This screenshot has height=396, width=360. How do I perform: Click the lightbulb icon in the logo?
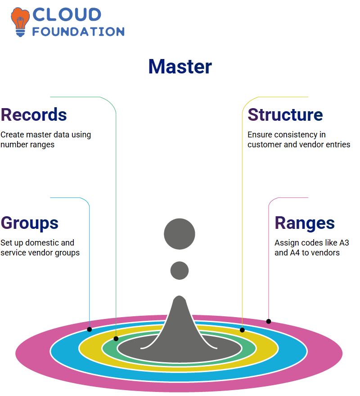pos(20,22)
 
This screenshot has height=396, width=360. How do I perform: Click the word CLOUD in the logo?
pos(67,15)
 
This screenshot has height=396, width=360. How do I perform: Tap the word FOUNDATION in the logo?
pos(78,32)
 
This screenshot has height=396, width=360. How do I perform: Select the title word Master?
pos(180,67)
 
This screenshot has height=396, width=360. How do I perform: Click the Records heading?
pos(34,115)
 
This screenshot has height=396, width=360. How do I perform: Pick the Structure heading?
pos(285,115)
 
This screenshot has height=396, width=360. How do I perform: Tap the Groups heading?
pos(30,223)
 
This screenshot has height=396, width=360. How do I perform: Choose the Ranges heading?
pos(305,223)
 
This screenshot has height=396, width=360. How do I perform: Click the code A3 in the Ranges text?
pos(344,243)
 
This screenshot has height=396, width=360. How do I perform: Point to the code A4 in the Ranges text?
pos(295,253)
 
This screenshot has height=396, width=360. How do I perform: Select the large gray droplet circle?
pos(180,234)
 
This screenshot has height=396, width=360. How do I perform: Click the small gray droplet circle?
pos(180,270)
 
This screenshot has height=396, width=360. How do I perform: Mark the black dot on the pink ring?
pos(269,322)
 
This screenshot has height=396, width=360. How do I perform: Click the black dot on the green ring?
pos(116,339)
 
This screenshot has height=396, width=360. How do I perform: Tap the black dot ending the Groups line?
pos(89,329)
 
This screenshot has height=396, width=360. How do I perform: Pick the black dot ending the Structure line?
pos(242,330)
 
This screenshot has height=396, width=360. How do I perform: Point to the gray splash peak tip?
pos(180,296)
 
